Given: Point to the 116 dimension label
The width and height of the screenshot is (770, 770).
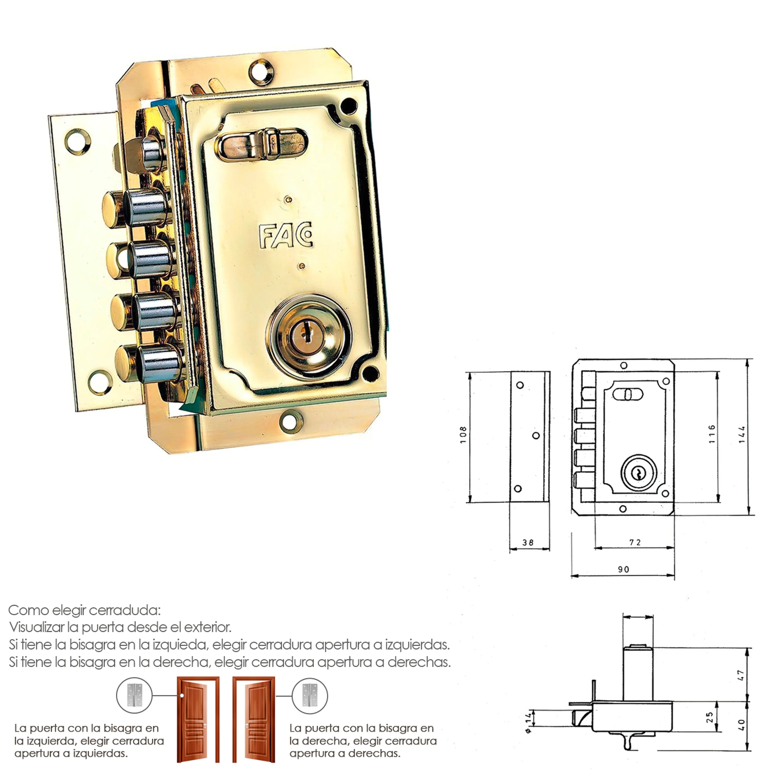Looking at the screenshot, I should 712,434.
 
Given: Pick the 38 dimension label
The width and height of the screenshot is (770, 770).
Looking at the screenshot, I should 528,542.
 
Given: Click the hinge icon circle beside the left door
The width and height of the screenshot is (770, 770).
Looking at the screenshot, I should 134,695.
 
